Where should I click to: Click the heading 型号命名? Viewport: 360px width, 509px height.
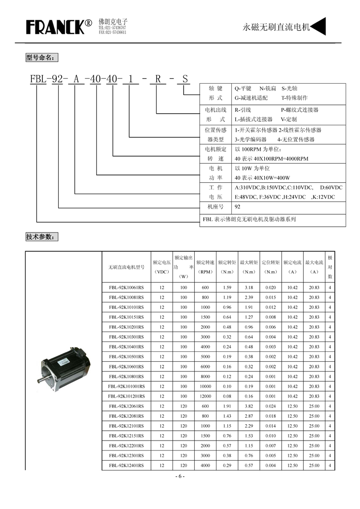tap(41, 58)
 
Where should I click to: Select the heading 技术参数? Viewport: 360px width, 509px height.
tap(41, 237)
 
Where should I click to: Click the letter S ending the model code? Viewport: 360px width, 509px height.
tap(184, 78)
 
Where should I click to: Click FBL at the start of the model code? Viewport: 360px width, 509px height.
tap(37, 78)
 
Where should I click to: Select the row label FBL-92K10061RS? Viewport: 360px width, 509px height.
tap(126, 287)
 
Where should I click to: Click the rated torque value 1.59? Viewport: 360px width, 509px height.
tap(227, 287)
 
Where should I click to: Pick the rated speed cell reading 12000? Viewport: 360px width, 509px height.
tap(205, 396)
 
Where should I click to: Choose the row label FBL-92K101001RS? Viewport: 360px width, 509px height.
tap(126, 386)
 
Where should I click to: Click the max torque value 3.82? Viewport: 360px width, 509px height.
tap(249, 406)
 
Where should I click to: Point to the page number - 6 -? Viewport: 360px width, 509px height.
tap(180, 476)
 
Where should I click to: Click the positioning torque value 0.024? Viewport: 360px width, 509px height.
tap(271, 406)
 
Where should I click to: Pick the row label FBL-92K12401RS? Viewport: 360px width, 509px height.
tap(126, 465)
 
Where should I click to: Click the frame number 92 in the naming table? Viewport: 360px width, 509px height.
tap(238, 207)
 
